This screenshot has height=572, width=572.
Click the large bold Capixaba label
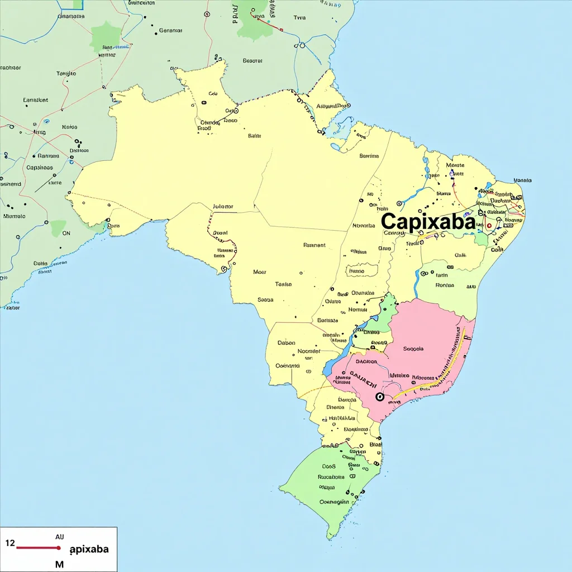[x=428, y=222]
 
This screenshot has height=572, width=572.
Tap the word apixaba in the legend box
[x=89, y=549]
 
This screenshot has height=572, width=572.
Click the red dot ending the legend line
[x=59, y=548]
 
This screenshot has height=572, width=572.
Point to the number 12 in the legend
[x=10, y=542]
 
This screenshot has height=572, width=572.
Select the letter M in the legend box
[x=59, y=564]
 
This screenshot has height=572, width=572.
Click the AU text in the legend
[x=60, y=536]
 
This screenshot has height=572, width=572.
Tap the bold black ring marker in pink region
[x=380, y=397]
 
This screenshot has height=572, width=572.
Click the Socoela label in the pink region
[x=413, y=349]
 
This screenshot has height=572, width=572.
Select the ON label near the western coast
[x=66, y=233]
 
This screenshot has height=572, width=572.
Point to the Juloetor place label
[x=223, y=207]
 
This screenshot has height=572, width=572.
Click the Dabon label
[x=287, y=343]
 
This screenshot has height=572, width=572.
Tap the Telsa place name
[x=283, y=284]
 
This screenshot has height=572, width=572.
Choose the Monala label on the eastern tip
[x=522, y=180]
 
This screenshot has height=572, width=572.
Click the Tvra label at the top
[x=299, y=18]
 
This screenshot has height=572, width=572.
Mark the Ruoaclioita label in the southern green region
[x=331, y=477]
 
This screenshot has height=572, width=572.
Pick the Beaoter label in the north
[x=252, y=60]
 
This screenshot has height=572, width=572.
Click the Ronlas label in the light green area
[x=445, y=285]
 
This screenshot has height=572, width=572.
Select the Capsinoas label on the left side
[x=40, y=168]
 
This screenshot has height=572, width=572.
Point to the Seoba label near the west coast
[x=265, y=299]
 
